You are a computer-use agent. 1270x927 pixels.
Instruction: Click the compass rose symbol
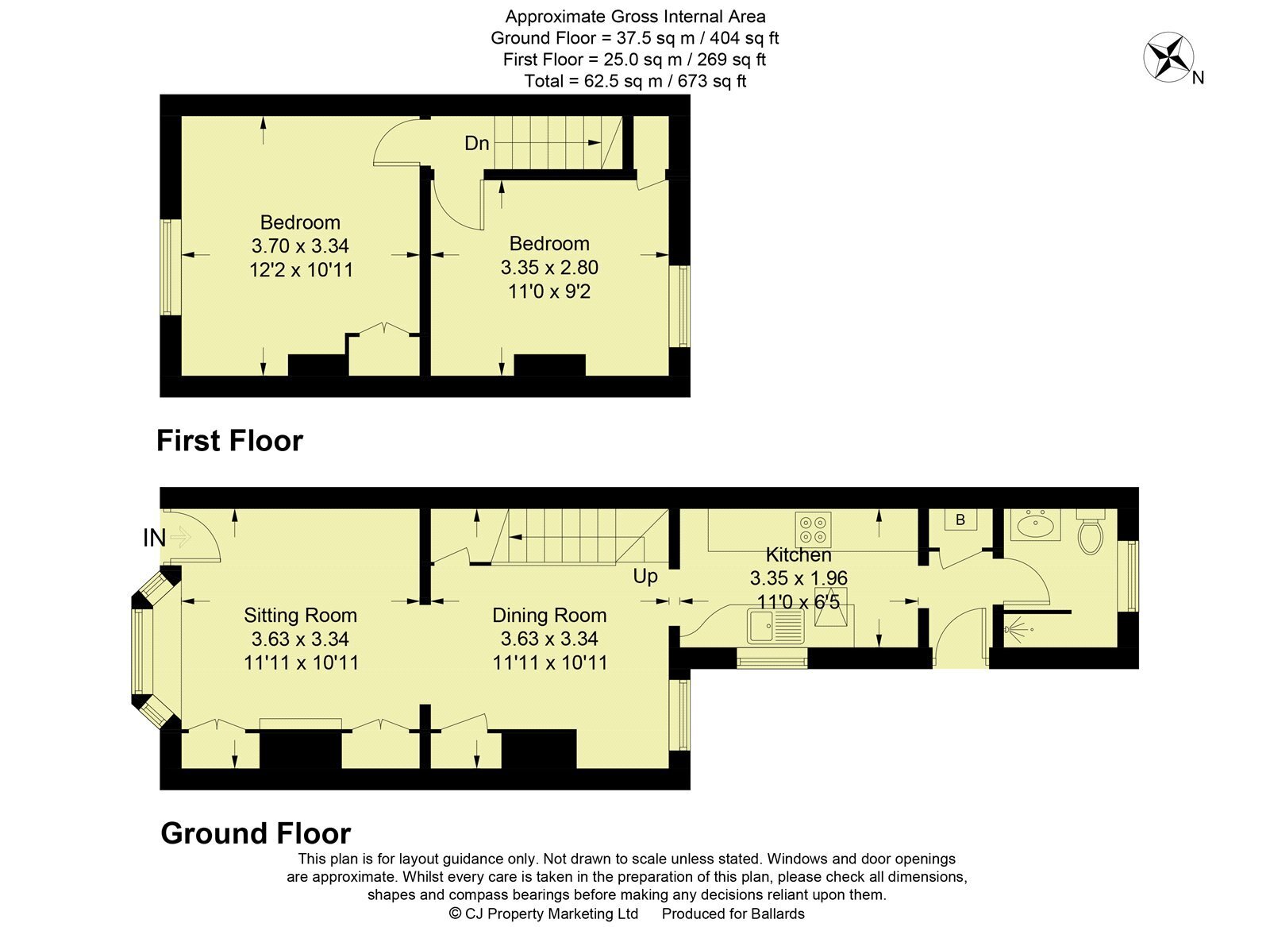pos(1168,57)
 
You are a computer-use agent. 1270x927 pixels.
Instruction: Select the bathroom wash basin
pos(1035,525)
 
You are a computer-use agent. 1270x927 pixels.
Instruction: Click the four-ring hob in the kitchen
pos(813,530)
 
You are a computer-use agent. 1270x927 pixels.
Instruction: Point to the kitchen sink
pos(775,626)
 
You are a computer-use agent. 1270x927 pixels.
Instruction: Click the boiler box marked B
pos(960,520)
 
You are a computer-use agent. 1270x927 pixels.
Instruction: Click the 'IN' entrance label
pos(154,538)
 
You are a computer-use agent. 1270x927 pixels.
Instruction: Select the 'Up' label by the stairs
pos(645,577)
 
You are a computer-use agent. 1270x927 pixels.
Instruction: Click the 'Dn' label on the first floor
pos(477,144)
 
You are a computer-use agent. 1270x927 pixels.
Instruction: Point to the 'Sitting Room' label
pos(301,615)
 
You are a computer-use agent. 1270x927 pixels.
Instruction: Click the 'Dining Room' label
pos(549,615)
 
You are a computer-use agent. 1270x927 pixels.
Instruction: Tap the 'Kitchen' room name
pos(799,554)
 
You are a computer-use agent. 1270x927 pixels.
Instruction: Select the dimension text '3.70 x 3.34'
pos(301,245)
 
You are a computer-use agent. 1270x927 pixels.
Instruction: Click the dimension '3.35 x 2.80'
pos(549,267)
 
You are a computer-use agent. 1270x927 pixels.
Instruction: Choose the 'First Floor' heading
pos(229,441)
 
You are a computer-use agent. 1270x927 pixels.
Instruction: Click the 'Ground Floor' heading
pos(256,833)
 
